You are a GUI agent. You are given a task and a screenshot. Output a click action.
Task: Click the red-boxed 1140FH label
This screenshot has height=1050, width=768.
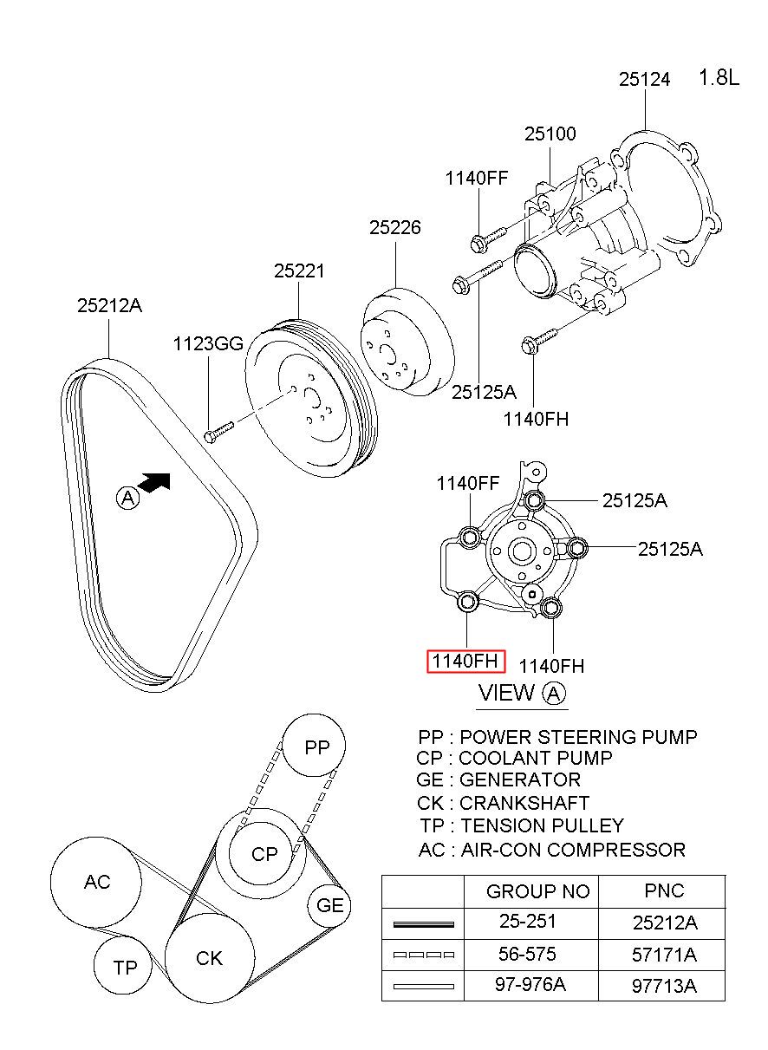click(465, 662)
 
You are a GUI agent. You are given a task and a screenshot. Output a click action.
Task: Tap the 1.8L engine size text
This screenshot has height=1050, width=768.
click(719, 78)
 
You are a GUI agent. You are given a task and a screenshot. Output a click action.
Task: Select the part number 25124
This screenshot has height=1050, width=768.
click(644, 79)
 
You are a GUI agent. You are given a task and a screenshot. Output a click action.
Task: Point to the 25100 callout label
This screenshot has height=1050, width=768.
click(550, 134)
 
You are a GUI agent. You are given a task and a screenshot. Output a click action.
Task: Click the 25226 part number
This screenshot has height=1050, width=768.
click(395, 228)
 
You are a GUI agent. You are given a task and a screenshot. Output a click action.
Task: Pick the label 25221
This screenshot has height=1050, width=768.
click(299, 271)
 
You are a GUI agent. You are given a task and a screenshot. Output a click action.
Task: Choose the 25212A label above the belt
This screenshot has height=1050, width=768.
click(109, 305)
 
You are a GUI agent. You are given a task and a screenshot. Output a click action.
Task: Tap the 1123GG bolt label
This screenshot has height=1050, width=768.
click(208, 342)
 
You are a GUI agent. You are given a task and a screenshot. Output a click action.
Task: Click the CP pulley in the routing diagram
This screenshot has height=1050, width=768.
click(264, 854)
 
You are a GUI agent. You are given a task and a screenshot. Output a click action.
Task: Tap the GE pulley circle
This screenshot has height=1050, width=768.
click(330, 906)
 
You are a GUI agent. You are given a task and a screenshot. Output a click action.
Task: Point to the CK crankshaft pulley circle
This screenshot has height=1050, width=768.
click(209, 958)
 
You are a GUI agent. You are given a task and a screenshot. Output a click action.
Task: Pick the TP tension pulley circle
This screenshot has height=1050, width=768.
click(125, 967)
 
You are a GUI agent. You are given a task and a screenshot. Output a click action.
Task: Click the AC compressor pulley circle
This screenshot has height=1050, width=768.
click(96, 883)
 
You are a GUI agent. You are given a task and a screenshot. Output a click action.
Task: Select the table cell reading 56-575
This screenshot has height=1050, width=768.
click(526, 954)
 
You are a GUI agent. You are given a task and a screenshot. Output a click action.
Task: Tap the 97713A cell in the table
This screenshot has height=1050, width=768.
click(665, 986)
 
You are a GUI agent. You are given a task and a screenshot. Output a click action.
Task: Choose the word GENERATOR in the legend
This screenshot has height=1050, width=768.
click(520, 779)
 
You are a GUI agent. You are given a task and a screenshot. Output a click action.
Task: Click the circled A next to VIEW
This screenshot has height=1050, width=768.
click(554, 693)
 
